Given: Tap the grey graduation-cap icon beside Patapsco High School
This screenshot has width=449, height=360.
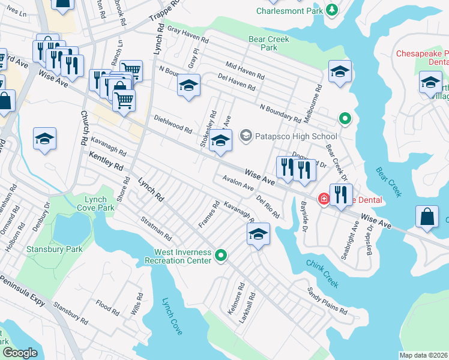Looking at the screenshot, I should point(245,136).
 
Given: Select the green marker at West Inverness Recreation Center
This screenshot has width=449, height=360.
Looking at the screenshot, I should point(221,256).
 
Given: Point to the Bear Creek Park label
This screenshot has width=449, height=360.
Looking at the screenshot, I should point(269,43).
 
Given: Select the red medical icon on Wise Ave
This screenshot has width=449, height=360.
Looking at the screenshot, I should point(324,198).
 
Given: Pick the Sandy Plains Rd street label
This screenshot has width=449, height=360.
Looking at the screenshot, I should point(327,302).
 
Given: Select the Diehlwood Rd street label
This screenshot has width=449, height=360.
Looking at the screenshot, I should point(173,124).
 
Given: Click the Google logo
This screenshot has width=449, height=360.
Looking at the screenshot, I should point(20,353).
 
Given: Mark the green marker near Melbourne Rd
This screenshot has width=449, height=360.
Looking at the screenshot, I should point(344,119).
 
